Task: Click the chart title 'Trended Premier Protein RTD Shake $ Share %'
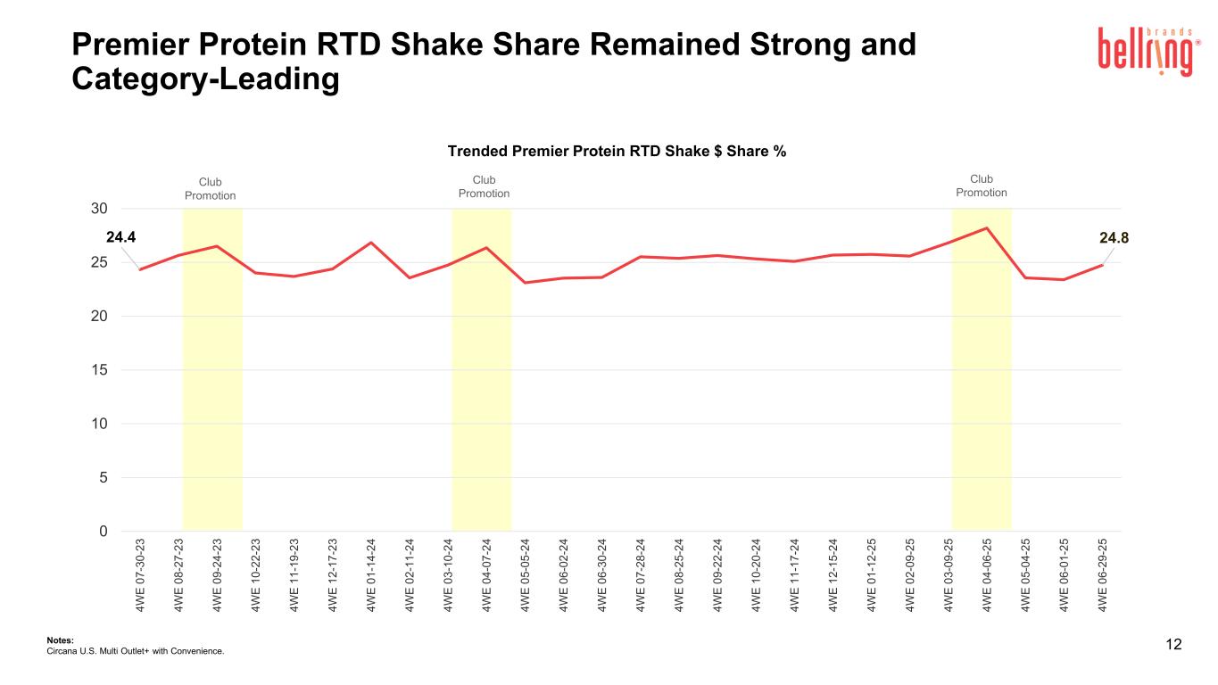617,151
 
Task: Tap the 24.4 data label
120,237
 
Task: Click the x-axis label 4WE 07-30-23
140,574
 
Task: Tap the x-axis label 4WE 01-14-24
370,574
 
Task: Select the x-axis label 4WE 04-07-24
486,574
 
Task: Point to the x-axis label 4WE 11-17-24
794,574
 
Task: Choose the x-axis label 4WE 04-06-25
987,574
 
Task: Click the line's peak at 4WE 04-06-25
987,228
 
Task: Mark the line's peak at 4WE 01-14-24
370,243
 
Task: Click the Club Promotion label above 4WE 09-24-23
211,188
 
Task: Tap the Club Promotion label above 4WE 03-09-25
982,186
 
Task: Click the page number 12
1173,645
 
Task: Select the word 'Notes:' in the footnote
59,640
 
